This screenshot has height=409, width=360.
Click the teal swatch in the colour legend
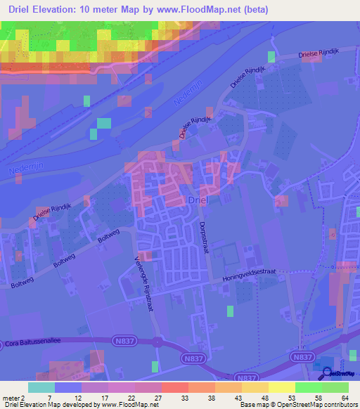[41, 387]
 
